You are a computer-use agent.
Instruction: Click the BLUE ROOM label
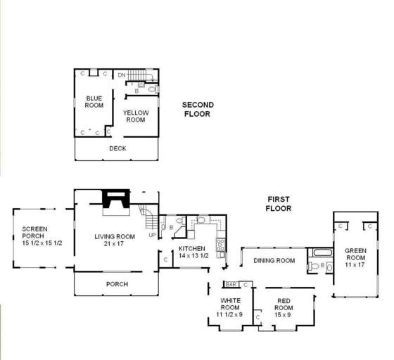[94, 101]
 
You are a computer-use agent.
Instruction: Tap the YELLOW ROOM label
[135, 115]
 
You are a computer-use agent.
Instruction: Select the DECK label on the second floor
[117, 148]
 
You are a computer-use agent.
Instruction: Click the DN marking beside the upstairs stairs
[121, 74]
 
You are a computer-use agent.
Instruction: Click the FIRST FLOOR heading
[278, 204]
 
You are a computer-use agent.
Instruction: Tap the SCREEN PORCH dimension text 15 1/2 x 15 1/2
[42, 243]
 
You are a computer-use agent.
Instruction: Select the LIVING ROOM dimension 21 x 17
[114, 244]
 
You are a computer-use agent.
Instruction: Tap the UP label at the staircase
[152, 234]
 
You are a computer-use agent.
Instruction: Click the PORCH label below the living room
[117, 284]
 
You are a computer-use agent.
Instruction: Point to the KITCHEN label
[191, 249]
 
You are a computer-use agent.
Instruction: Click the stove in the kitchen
[220, 245]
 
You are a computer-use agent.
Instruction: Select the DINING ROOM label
[274, 261]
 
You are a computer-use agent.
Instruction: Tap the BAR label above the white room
[230, 284]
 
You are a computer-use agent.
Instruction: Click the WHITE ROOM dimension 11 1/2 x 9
[230, 315]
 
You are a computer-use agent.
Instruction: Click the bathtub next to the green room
[320, 253]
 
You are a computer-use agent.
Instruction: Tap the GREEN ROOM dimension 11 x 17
[355, 264]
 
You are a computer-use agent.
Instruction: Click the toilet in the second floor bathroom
[152, 89]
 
